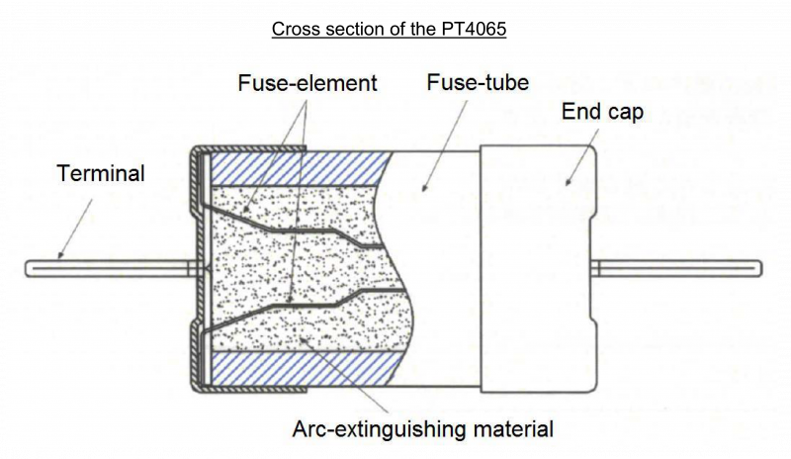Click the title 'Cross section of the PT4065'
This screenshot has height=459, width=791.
[389, 29]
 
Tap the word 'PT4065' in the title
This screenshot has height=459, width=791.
[474, 29]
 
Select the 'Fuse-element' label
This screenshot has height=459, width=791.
[308, 83]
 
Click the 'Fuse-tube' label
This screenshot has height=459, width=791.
[478, 82]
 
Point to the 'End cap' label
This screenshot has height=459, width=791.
[602, 112]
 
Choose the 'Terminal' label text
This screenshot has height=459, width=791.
[101, 173]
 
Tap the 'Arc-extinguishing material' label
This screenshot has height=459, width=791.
[423, 429]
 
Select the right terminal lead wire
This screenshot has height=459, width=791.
[676, 268]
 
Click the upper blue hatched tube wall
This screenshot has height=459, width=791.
[301, 168]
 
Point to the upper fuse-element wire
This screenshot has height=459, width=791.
[294, 229]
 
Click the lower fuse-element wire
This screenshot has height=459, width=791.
[303, 305]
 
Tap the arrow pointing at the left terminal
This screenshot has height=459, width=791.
[75, 229]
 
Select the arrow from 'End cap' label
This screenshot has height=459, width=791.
[582, 157]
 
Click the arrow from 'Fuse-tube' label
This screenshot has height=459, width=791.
[444, 146]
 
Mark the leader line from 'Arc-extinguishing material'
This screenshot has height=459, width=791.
[344, 375]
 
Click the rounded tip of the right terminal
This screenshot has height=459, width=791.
[759, 268]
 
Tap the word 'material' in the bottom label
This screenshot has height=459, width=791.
[513, 429]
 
